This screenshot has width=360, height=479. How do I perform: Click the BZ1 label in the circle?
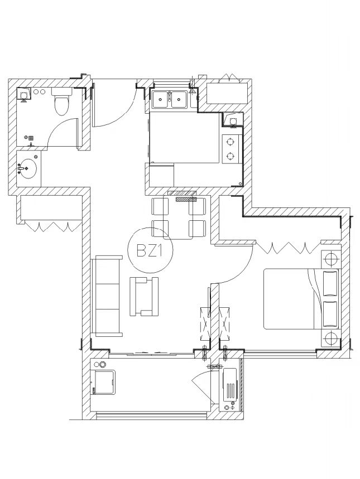pos(148,251)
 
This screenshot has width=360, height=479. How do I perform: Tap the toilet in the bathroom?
pos(62,101)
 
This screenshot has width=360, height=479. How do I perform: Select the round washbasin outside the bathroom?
pos(27,168)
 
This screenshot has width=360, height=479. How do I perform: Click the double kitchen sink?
pos(170,99)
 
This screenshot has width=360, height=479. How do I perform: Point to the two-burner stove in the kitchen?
pos(231,149)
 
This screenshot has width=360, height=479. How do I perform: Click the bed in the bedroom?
pos(302,299)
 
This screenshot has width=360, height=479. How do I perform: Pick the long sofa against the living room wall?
pos(107,296)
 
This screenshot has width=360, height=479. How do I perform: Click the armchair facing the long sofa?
pos(144,296)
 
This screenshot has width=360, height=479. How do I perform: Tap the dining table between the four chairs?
pos(179,217)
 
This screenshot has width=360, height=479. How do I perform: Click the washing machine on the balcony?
pos(104,382)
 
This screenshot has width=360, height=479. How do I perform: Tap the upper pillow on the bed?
pos(330,283)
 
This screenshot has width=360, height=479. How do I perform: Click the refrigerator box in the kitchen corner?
pos(161,176)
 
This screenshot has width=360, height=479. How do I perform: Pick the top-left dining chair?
pos(160,206)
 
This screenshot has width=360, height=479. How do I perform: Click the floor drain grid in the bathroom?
pos(31,138)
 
